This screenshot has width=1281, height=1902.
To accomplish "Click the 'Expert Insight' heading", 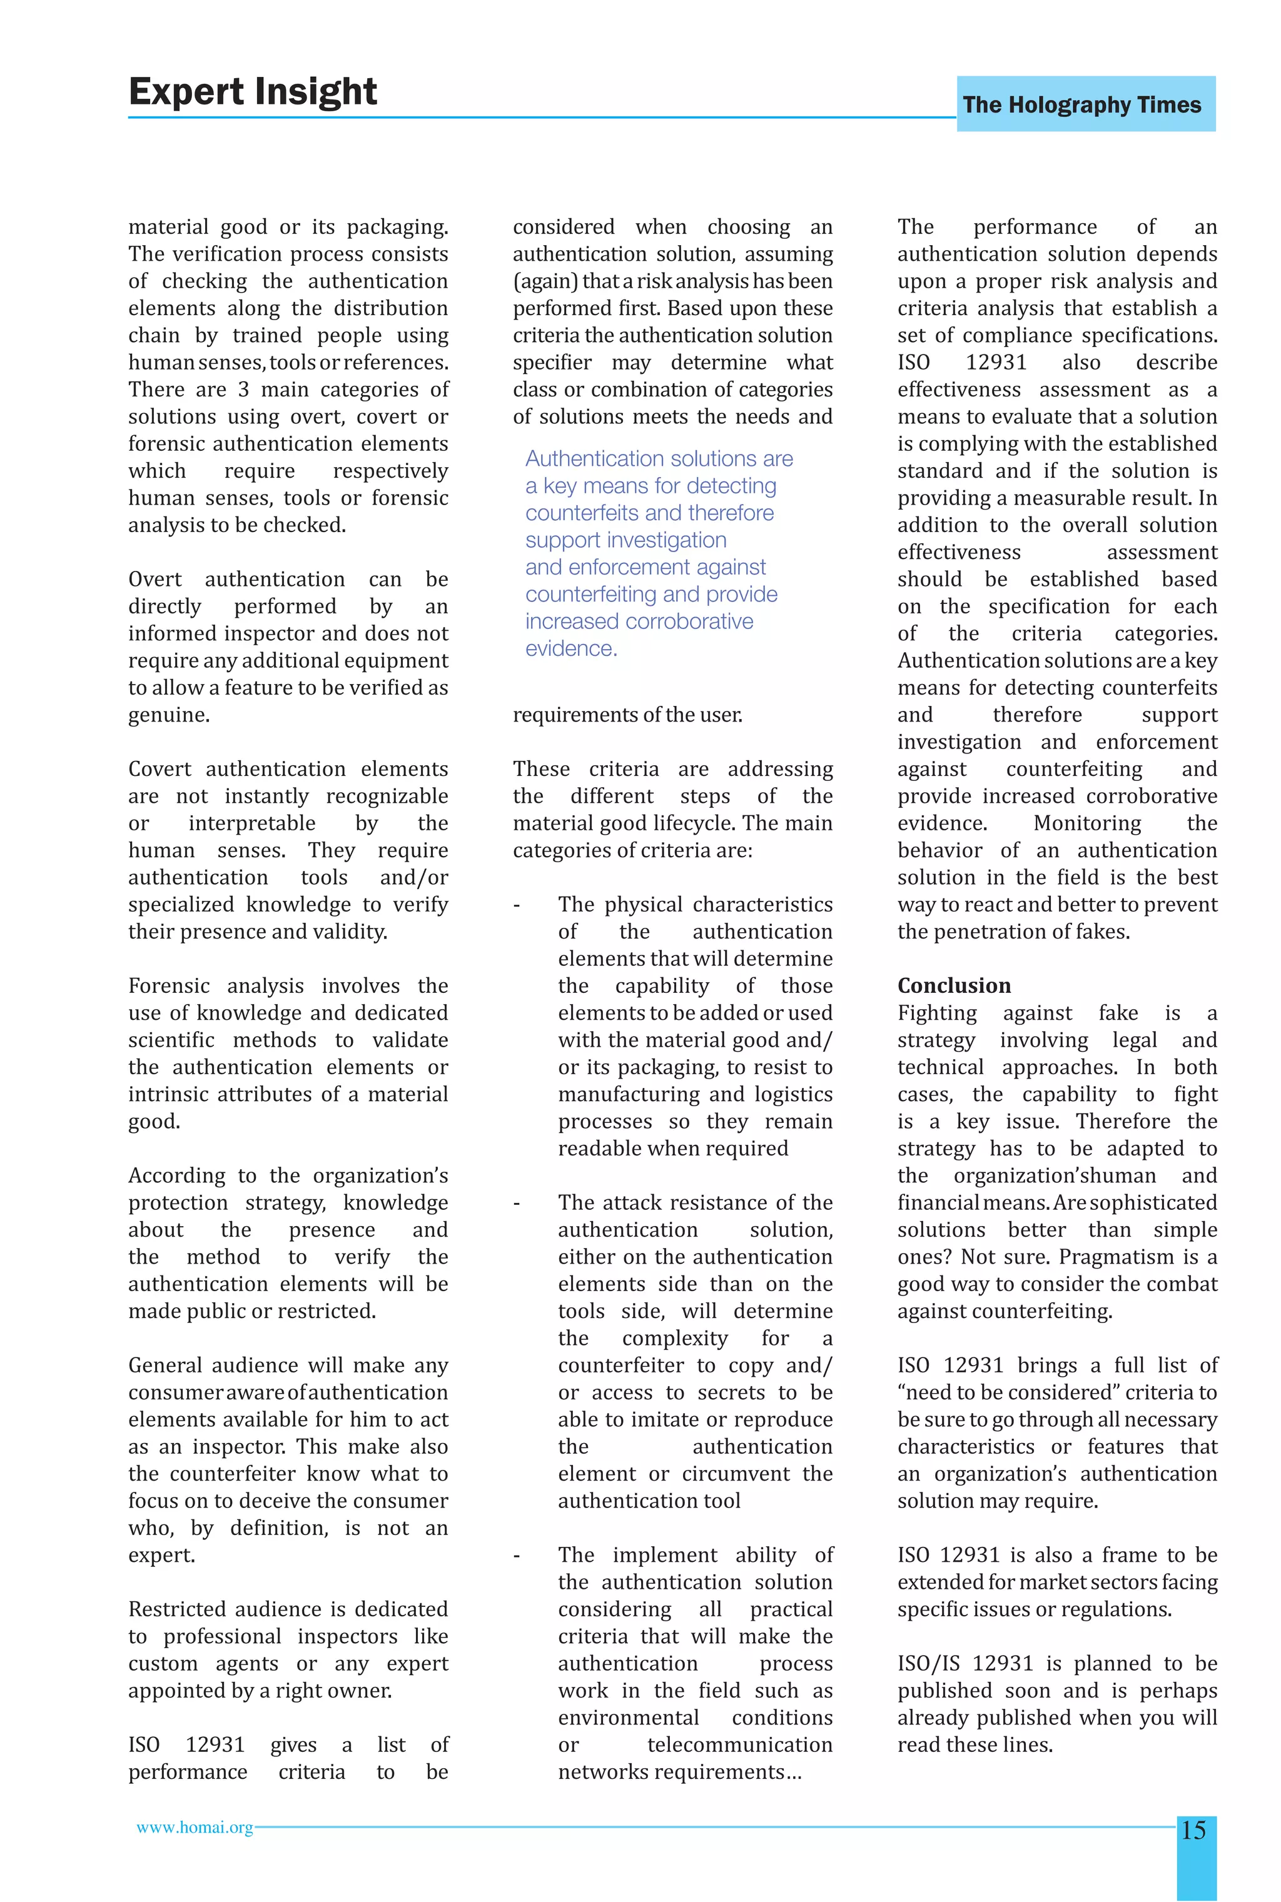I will pyautogui.click(x=253, y=91).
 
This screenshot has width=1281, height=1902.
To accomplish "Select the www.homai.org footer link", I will pyautogui.click(x=195, y=1828).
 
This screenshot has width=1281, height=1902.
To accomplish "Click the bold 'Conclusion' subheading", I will pyautogui.click(x=953, y=986).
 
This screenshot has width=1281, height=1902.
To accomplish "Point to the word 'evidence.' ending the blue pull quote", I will pyautogui.click(x=571, y=648).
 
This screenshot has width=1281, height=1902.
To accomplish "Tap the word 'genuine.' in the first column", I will pyautogui.click(x=169, y=715).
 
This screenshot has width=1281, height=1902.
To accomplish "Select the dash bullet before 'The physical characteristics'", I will pyautogui.click(x=516, y=905).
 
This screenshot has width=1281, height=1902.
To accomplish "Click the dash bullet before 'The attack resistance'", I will pyautogui.click(x=516, y=1203).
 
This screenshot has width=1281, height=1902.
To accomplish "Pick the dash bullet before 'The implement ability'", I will pyautogui.click(x=516, y=1556).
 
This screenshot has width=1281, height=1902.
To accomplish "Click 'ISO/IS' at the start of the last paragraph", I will pyautogui.click(x=928, y=1664).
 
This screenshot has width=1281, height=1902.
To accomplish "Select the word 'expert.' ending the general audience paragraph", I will pyautogui.click(x=162, y=1556).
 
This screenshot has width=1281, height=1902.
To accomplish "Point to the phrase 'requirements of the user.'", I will pyautogui.click(x=627, y=715).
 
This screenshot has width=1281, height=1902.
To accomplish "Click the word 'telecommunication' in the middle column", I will pyautogui.click(x=739, y=1745).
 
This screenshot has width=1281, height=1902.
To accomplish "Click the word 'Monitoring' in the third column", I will pyautogui.click(x=1086, y=823).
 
